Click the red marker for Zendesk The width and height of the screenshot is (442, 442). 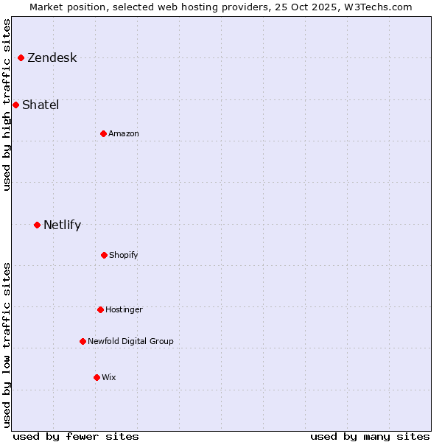(x=21, y=57)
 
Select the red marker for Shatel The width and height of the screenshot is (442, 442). (x=15, y=105)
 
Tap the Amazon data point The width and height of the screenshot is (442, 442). (x=103, y=133)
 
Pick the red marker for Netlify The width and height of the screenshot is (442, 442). (x=37, y=225)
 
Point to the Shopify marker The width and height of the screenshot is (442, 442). (x=104, y=255)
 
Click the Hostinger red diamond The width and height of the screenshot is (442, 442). (x=100, y=309)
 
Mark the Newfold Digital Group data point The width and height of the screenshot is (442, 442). (x=83, y=341)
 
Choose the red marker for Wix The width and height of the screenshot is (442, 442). (x=97, y=377)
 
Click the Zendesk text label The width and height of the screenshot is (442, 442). (x=52, y=58)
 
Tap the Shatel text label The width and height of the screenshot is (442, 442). (x=41, y=105)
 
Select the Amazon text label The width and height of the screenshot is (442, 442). (x=124, y=134)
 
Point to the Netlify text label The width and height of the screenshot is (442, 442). (x=62, y=225)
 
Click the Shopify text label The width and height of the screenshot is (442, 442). (x=124, y=256)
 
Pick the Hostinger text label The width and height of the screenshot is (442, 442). (x=124, y=310)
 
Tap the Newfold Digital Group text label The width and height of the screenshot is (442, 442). (x=130, y=342)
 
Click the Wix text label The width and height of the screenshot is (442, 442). (x=109, y=378)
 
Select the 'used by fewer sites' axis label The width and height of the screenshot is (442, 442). (x=76, y=436)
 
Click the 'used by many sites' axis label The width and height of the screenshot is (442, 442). (x=370, y=436)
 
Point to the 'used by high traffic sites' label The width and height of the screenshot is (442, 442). (x=7, y=104)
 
